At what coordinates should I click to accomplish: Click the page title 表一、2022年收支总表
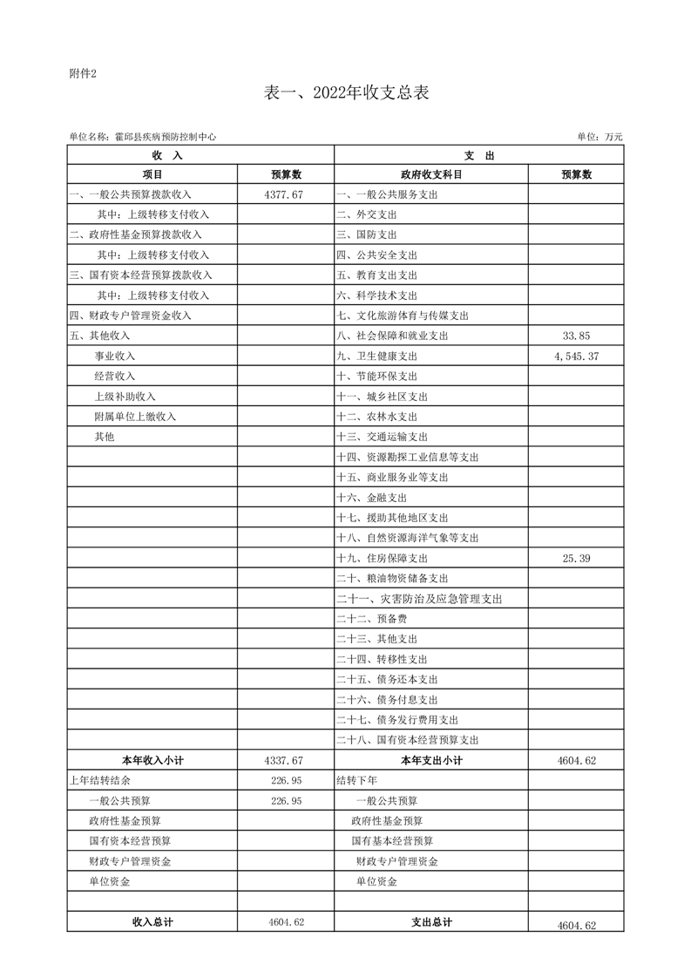(346, 93)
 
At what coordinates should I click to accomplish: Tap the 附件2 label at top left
(82, 73)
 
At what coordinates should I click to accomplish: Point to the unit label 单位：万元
(600, 136)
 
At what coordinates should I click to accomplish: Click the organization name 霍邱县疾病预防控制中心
(164, 136)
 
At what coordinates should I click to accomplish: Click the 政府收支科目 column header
(431, 174)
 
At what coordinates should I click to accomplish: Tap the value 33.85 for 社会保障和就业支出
(577, 336)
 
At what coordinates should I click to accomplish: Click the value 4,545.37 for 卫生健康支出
(576, 356)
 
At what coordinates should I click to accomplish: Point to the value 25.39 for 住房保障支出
(577, 558)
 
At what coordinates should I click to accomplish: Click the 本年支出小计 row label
(431, 760)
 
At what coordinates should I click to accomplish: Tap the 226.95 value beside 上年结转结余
(287, 780)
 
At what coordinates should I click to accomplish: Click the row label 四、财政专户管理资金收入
(130, 316)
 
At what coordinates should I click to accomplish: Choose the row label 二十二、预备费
(371, 619)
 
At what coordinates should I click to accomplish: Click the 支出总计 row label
(431, 922)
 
